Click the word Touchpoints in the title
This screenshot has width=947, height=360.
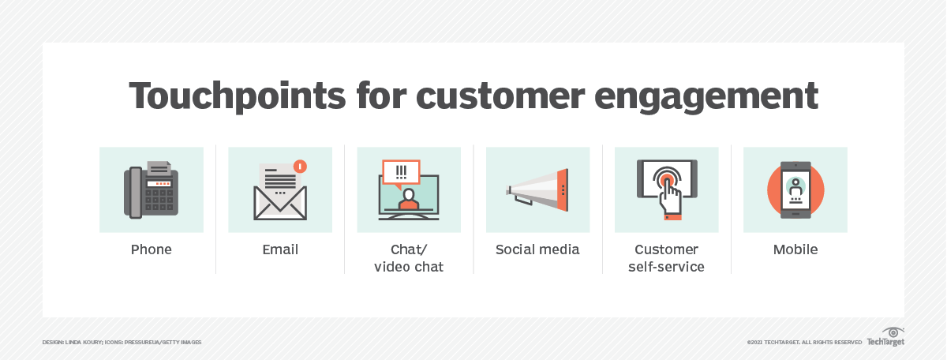238,96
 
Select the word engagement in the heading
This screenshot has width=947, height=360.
706,97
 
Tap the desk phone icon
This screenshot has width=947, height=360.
152,189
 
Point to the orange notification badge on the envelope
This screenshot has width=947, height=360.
300,167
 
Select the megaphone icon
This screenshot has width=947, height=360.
537,189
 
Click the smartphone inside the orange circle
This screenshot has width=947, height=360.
795,190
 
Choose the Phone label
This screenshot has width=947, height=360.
152,249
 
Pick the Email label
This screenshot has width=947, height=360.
280,249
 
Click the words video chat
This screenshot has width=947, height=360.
409,267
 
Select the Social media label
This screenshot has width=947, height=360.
537,249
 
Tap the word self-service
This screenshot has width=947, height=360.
666,267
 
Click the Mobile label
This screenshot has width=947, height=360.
795,249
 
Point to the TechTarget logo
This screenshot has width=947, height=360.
885,337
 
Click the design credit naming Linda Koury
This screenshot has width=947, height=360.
122,342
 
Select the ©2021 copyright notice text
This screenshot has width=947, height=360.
804,342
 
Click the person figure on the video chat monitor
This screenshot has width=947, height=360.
409,199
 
